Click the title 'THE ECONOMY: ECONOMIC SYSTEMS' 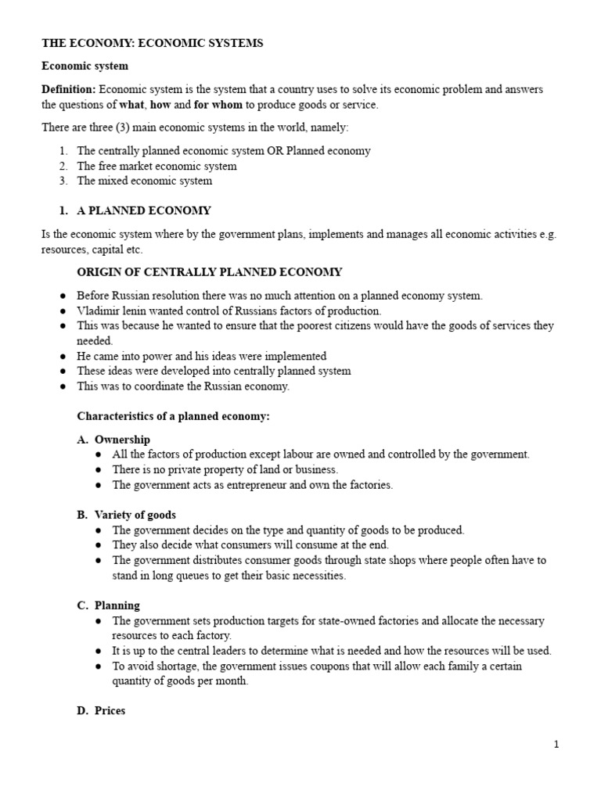(x=152, y=43)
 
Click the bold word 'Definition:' (x=69, y=90)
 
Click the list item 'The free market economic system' (x=157, y=166)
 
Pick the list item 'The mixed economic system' (x=144, y=181)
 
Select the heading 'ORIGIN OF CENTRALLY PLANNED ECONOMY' (x=209, y=272)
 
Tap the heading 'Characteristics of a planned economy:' (x=172, y=416)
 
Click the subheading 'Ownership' (x=122, y=440)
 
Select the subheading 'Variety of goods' (x=135, y=515)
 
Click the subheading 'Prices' (x=110, y=711)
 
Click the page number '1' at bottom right (x=556, y=745)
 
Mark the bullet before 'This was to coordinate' (x=62, y=386)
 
